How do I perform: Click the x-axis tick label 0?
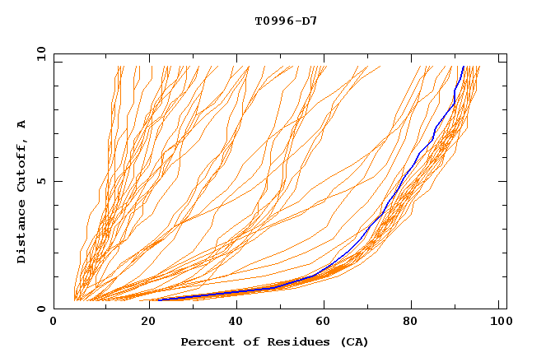[54, 324]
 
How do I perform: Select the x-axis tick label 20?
[143, 324]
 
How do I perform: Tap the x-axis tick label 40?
[233, 324]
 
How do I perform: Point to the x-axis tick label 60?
[323, 324]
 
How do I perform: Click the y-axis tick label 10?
[40, 53]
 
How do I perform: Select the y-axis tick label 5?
[43, 181]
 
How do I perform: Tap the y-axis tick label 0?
[43, 309]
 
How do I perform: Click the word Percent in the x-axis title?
[206, 342]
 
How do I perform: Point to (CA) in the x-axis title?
[355, 342]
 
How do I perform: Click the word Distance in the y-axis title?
[22, 232]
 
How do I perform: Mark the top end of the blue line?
[464, 67]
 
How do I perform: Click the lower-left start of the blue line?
[158, 299]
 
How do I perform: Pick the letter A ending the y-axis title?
[22, 125]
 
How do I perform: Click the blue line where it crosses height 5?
[404, 181]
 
